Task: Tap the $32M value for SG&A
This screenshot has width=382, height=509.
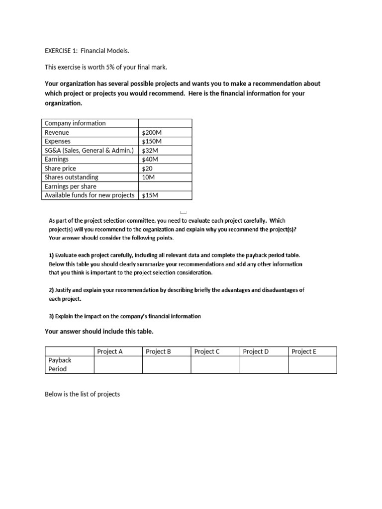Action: pyautogui.click(x=148, y=151)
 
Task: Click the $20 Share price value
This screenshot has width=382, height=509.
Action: pyautogui.click(x=147, y=169)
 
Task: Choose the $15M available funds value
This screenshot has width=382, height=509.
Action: pyautogui.click(x=150, y=195)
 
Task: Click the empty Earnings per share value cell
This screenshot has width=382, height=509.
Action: pyautogui.click(x=165, y=186)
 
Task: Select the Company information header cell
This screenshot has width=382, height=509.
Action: pyautogui.click(x=75, y=123)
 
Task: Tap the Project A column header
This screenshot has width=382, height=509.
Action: pyautogui.click(x=110, y=351)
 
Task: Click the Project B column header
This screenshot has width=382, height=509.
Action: pyautogui.click(x=158, y=351)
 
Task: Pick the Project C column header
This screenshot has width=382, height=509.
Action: pyautogui.click(x=207, y=351)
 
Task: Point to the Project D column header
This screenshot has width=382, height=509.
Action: pyautogui.click(x=256, y=351)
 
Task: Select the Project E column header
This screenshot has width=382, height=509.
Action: pyautogui.click(x=304, y=351)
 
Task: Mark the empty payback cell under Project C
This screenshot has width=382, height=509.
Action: pyautogui.click(x=215, y=365)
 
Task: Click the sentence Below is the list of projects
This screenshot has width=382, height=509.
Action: pyautogui.click(x=82, y=394)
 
